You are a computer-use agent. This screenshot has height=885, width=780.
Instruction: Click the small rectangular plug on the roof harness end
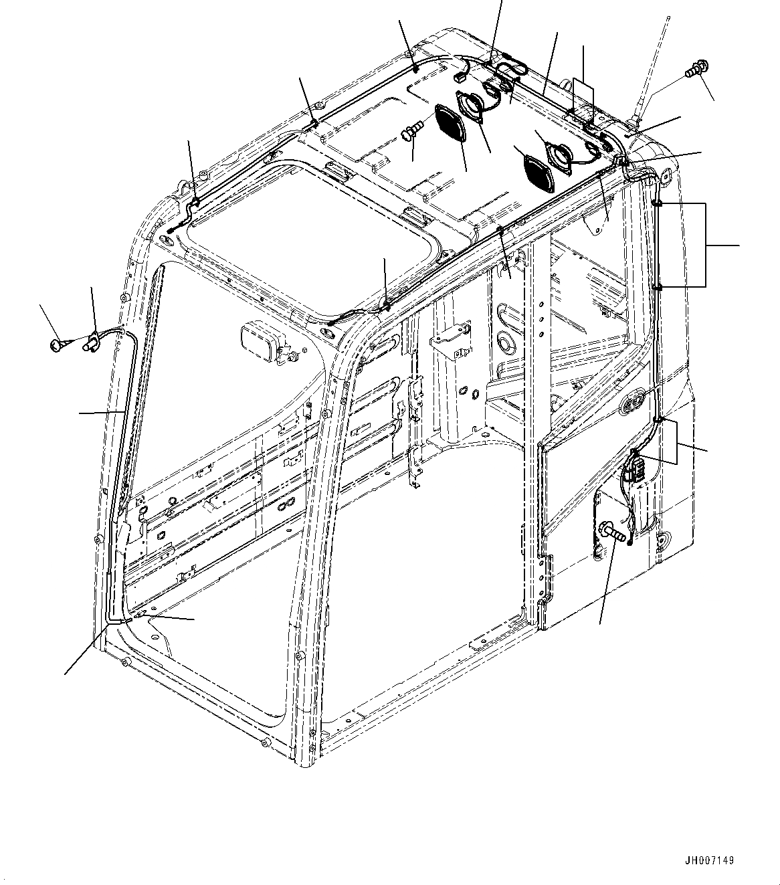460,77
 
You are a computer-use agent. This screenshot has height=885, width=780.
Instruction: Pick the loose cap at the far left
56,345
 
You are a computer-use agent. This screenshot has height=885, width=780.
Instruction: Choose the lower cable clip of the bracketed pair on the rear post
658,287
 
